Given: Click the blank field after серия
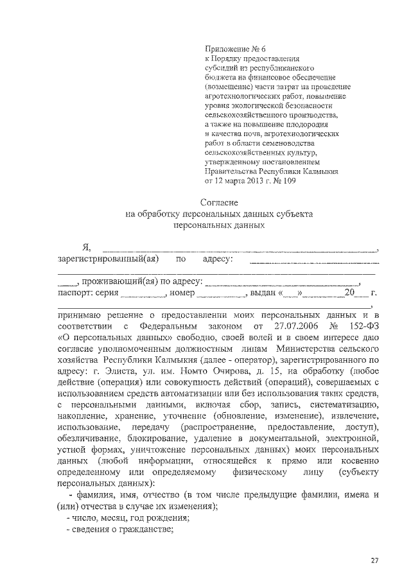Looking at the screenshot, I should (x=143, y=293).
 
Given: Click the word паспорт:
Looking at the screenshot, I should (x=76, y=293).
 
